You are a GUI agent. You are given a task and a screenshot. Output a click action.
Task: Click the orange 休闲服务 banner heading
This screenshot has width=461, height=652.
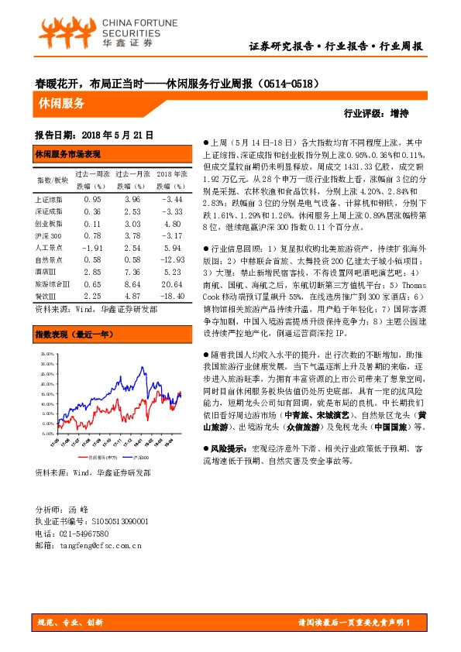coord(61,101)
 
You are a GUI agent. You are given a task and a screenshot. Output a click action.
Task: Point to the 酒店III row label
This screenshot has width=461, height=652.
coord(48,273)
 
